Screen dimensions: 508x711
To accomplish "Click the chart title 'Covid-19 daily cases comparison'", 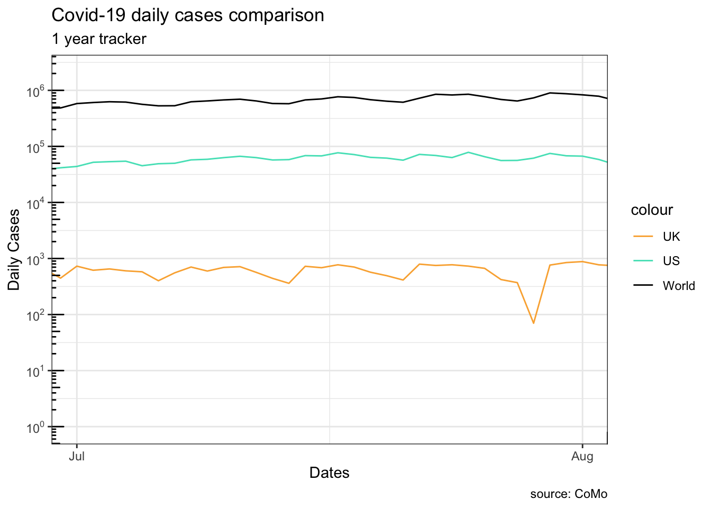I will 188,15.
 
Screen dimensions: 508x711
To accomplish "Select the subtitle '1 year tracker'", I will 99,39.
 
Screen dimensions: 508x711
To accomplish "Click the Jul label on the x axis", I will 77,456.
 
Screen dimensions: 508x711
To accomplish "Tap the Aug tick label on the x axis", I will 582,456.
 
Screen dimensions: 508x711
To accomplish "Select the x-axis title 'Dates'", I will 330,473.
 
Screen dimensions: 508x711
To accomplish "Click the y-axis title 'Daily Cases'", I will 14,250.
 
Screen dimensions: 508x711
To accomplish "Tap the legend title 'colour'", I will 652,210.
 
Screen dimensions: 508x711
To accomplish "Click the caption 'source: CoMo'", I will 569,494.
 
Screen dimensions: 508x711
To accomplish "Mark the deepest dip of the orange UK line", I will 534,323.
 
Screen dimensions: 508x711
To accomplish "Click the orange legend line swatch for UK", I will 643,237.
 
